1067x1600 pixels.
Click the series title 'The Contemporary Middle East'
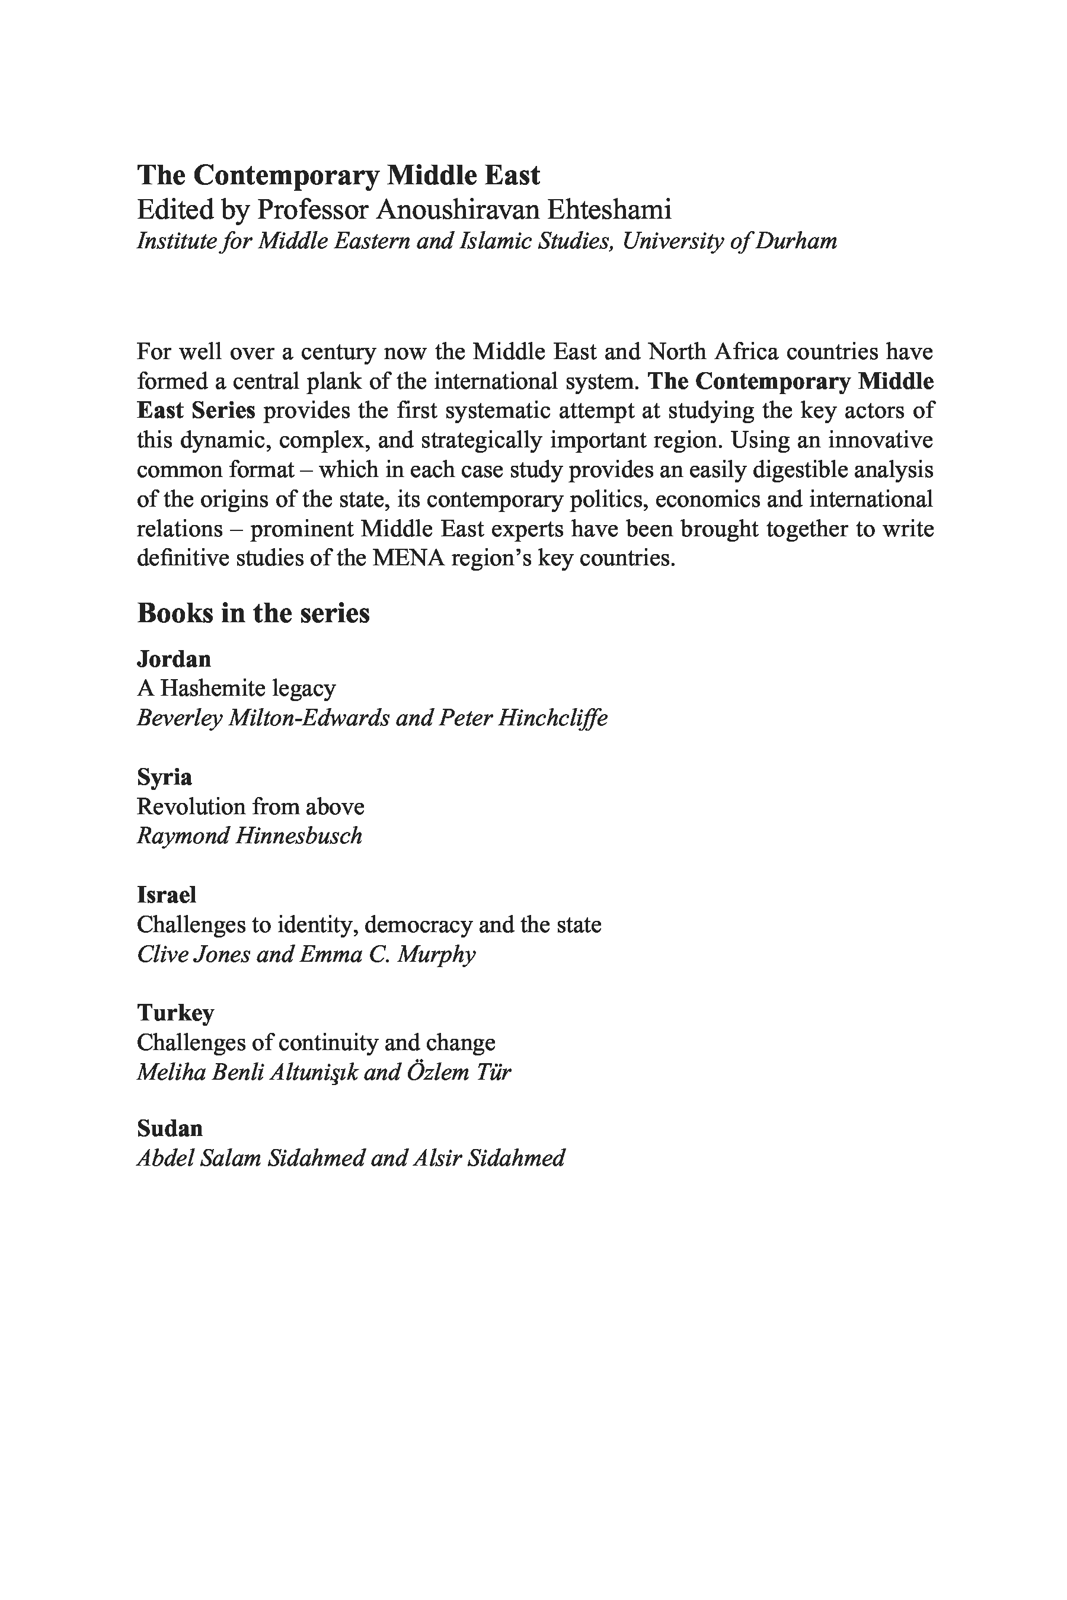click(338, 175)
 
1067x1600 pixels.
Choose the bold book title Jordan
click(174, 658)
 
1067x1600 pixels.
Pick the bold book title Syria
click(165, 777)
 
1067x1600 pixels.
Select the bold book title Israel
click(167, 895)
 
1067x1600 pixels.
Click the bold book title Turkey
click(175, 1013)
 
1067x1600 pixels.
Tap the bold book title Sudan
click(170, 1128)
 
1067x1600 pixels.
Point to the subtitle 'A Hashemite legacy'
click(236, 689)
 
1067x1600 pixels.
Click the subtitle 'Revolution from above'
click(250, 807)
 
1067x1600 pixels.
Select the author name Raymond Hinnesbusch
click(250, 836)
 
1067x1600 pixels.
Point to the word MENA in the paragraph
click(408, 558)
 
